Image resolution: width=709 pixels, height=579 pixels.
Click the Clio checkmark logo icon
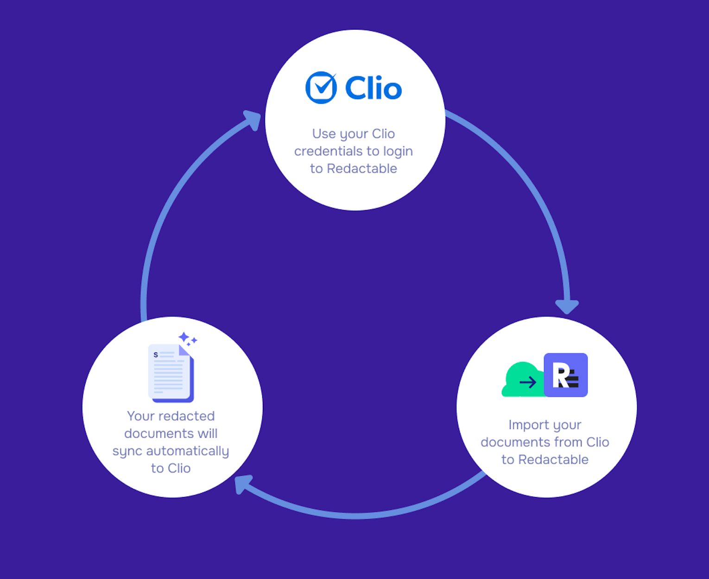pyautogui.click(x=321, y=88)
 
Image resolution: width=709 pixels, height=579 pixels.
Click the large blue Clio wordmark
pyautogui.click(x=373, y=88)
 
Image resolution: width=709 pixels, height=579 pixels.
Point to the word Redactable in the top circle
pyautogui.click(x=362, y=169)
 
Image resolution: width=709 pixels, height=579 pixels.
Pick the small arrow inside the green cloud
pyautogui.click(x=528, y=383)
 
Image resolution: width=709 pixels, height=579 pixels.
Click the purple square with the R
pyautogui.click(x=566, y=375)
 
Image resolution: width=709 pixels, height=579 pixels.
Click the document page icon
pyautogui.click(x=171, y=373)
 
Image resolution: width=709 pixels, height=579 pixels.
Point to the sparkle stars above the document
pyautogui.click(x=188, y=339)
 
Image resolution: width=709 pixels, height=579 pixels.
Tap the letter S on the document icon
pyautogui.click(x=156, y=355)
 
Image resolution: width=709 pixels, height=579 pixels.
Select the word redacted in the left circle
pyautogui.click(x=187, y=416)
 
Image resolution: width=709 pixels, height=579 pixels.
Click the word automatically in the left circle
pyautogui.click(x=188, y=451)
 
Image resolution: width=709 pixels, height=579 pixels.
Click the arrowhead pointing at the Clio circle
pyautogui.click(x=253, y=120)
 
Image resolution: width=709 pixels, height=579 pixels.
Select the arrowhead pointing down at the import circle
pyautogui.click(x=567, y=307)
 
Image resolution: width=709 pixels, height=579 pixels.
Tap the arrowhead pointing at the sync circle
pyautogui.click(x=243, y=484)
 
